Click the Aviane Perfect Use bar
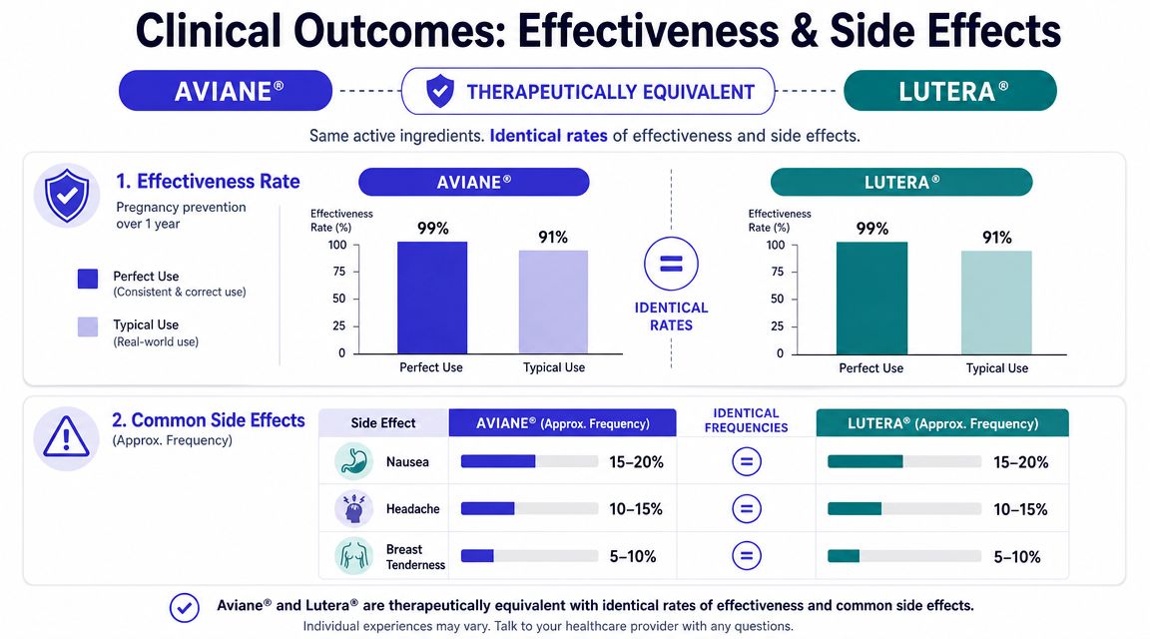pos(432,298)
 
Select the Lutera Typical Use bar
pos(996,303)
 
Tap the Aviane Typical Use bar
pos(553,303)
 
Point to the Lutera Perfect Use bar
pos(871,298)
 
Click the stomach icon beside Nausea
pos(353,461)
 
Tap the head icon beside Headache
pos(353,508)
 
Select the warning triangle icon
pos(66,438)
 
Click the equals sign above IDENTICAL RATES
pos(671,265)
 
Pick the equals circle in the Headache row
pos(747,508)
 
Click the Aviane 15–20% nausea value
pos(636,462)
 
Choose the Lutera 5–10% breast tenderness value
pos(1016,557)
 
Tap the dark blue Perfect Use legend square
pos(88,279)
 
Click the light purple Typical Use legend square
pos(88,326)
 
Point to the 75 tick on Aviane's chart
pos(338,272)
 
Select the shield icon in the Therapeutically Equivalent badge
pos(440,91)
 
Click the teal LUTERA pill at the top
pos(949,90)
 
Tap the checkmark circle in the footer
pos(184,607)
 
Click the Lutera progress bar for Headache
pos(904,509)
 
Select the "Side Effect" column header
pos(383,423)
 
